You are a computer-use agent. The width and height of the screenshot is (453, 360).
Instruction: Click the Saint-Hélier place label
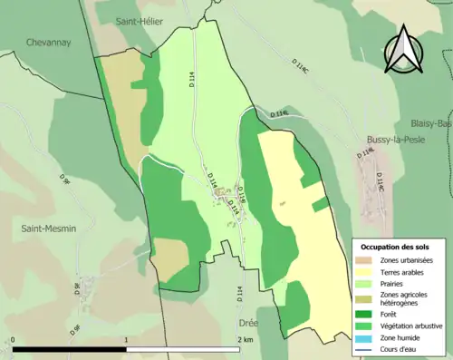[140, 21]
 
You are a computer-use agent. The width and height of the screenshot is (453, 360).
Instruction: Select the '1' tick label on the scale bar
[126, 339]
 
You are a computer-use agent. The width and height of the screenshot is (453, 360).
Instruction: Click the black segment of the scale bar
[69, 349]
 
